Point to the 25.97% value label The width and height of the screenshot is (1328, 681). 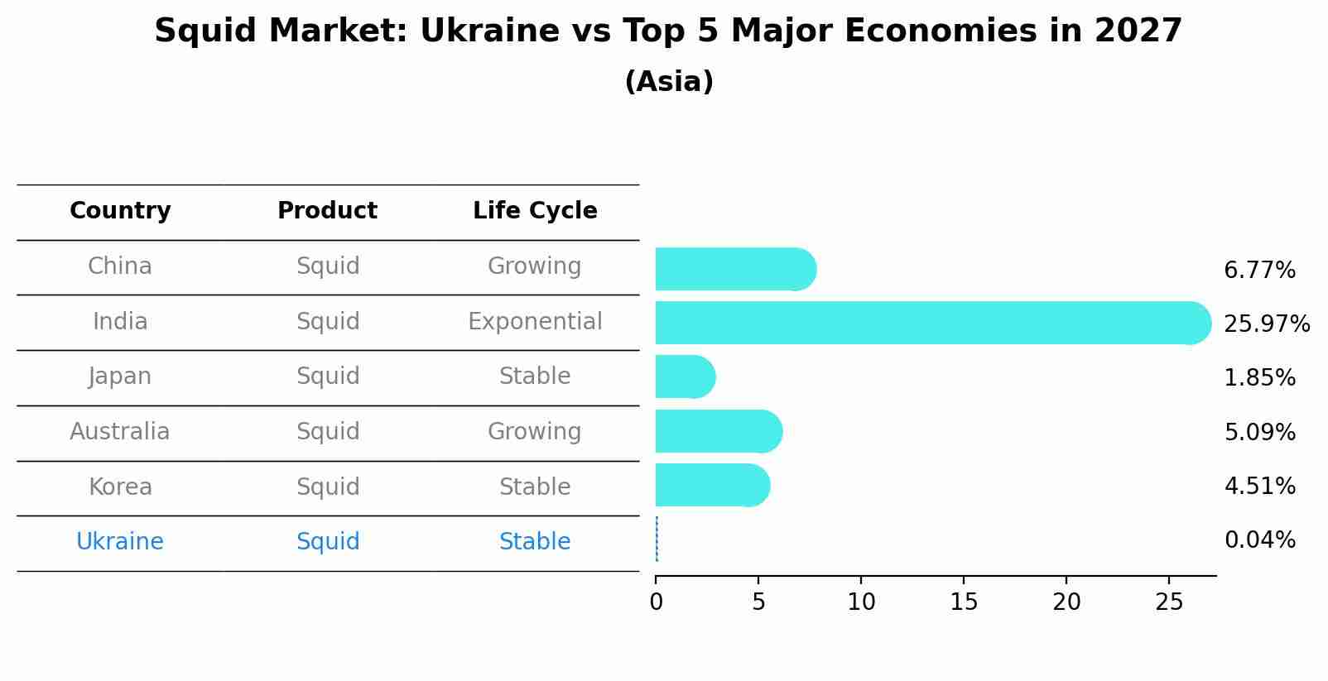(1266, 324)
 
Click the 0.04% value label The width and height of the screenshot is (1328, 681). (1259, 540)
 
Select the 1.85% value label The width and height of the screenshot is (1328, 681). (1259, 378)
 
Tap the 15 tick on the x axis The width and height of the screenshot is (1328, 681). (964, 602)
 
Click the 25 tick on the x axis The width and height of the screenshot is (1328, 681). (1169, 602)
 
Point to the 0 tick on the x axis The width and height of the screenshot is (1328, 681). (657, 602)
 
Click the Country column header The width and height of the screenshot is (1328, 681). (120, 211)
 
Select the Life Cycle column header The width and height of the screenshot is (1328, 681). (535, 211)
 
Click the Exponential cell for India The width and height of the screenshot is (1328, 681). (535, 322)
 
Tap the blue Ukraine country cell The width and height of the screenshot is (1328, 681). (120, 542)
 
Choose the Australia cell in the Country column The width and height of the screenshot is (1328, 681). (120, 432)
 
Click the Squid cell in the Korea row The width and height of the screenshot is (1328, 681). (328, 487)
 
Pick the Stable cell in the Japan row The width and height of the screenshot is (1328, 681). (535, 376)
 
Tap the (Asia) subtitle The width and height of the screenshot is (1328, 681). (669, 82)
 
